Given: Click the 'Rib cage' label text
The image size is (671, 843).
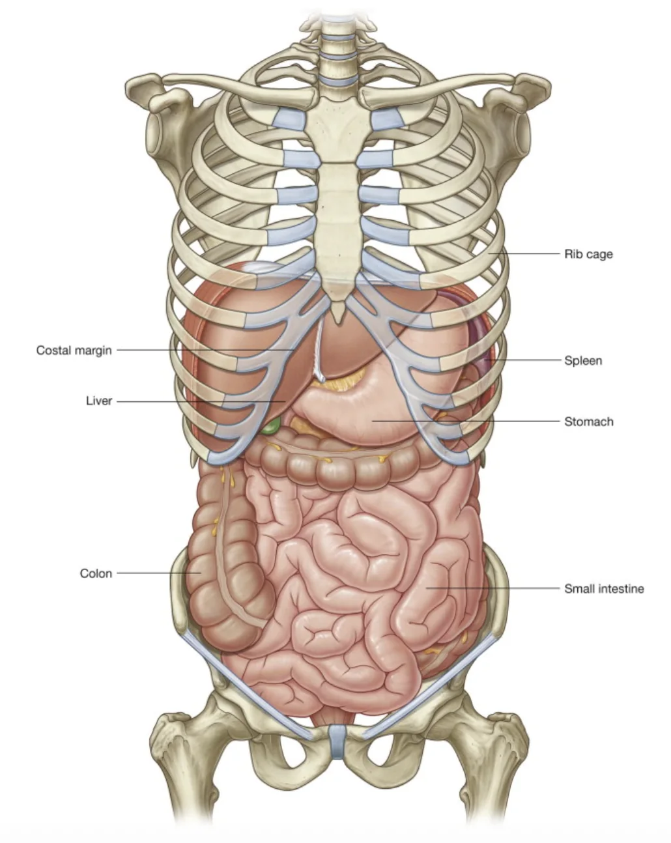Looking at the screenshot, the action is coord(588,254).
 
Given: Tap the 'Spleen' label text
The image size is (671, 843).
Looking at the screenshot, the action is coord(583,360).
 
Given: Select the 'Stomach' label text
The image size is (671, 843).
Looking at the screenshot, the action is coord(588,421).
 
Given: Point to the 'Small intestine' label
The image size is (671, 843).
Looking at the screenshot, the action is coord(604,588).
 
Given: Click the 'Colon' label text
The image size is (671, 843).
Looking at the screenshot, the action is coord(96,573).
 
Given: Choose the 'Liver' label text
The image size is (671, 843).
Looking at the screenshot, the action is coord(99,401).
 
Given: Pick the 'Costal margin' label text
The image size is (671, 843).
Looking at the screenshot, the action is coord(74,350).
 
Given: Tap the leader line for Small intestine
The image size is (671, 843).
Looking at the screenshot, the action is coord(493,588).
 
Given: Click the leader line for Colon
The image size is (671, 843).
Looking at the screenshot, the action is coord(159,573).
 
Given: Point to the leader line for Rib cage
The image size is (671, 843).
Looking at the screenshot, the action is coord(524,253).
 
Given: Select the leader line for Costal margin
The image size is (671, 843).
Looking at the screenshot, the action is coord(205,350).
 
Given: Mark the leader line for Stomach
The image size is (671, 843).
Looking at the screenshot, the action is coord(466,421).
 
